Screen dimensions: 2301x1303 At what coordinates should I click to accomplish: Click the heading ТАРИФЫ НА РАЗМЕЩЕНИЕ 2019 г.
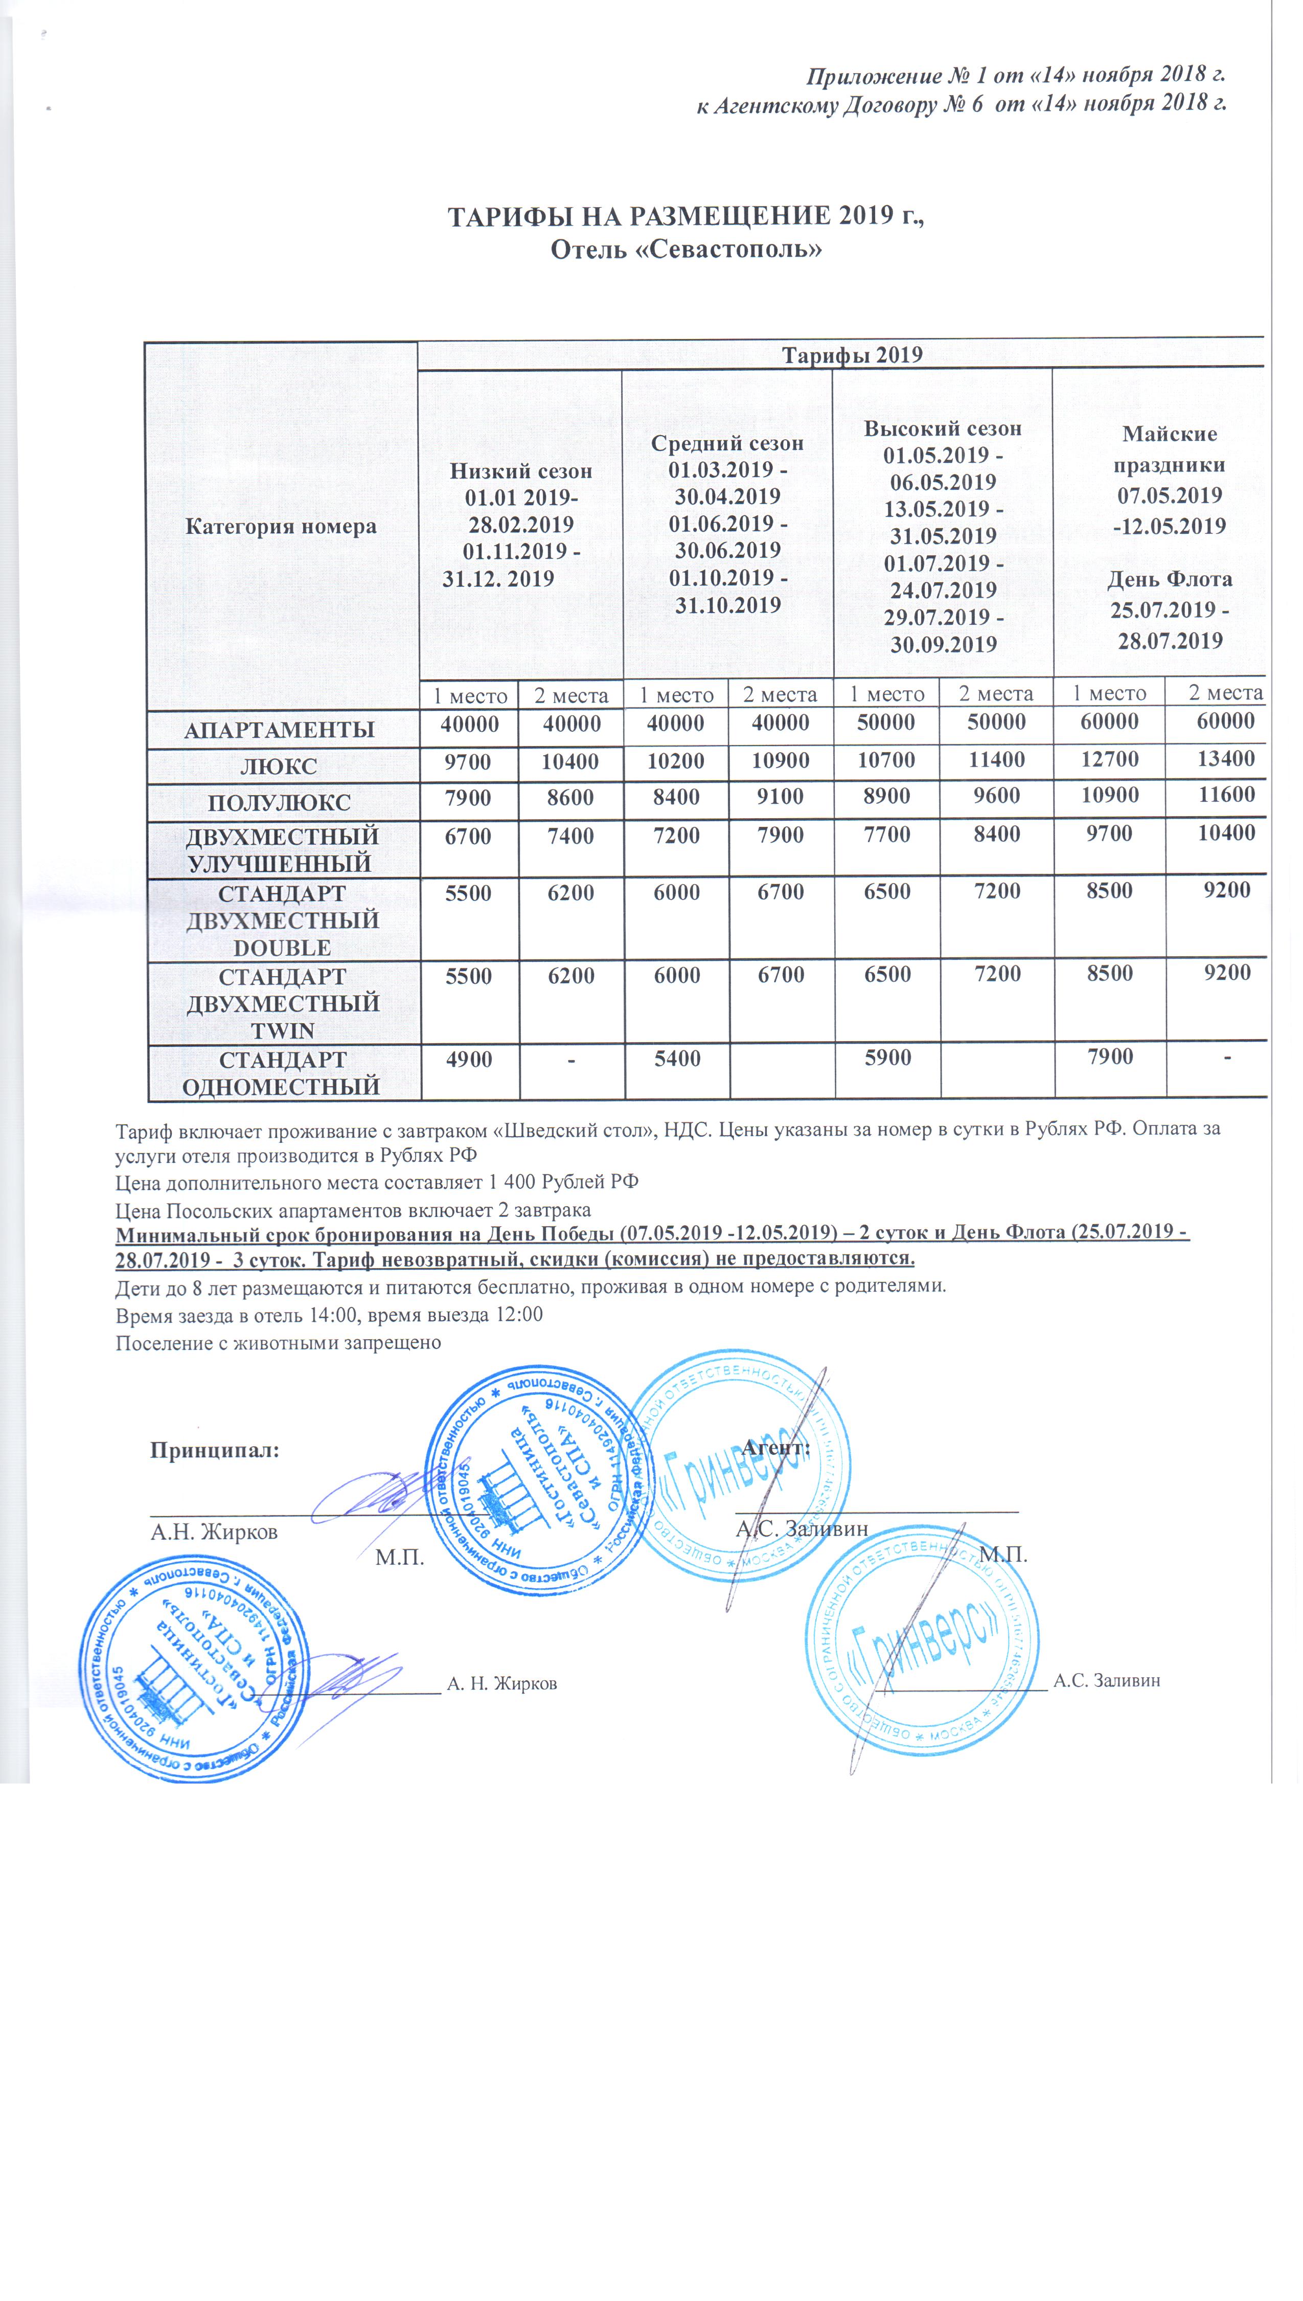[684, 217]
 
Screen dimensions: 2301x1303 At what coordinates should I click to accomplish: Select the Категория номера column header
[281, 526]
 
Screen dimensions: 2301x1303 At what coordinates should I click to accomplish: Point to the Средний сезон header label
[727, 443]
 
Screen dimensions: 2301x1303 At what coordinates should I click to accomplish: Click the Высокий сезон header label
[942, 428]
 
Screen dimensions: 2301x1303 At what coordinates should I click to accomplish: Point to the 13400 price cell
[1225, 759]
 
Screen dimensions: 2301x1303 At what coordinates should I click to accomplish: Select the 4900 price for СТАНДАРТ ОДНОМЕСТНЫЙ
[469, 1059]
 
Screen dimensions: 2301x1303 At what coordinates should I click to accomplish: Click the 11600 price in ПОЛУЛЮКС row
[1225, 795]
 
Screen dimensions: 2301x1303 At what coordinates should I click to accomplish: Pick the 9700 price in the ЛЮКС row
[469, 761]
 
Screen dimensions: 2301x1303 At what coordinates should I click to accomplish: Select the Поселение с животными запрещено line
[278, 1342]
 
